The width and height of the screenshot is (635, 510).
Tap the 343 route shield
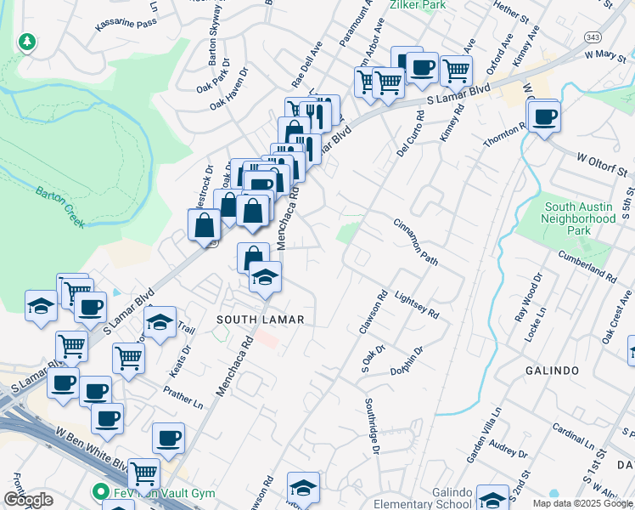[592, 37]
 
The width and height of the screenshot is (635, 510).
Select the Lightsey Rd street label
[417, 300]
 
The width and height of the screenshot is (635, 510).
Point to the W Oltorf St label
[605, 164]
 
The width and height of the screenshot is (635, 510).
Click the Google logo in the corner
[27, 499]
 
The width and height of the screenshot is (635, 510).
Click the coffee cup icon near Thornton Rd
[543, 116]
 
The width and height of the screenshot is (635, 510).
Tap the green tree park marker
[28, 41]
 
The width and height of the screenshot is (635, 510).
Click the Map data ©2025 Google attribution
[582, 503]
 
